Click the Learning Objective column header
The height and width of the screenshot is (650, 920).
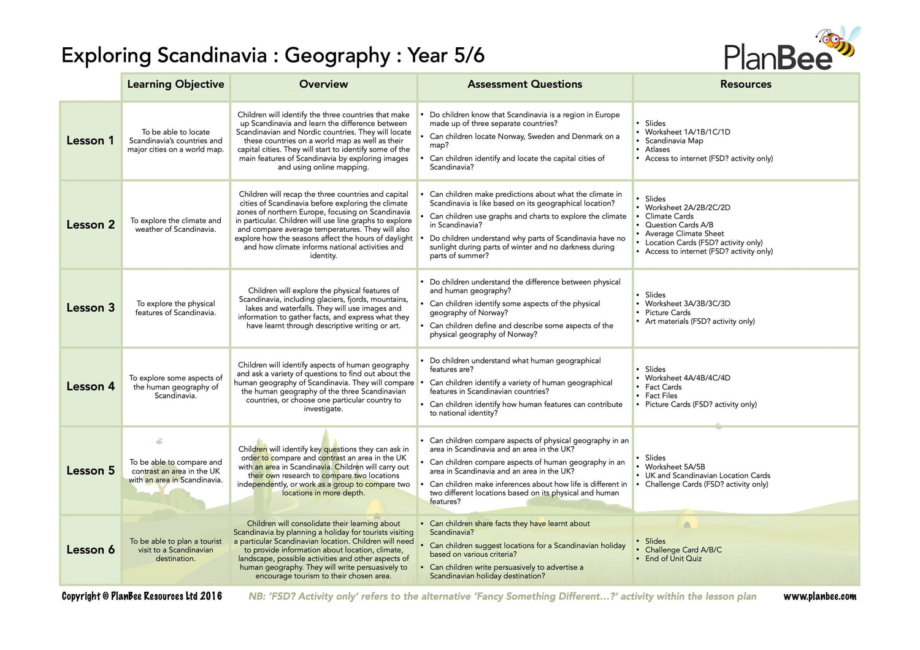(x=175, y=85)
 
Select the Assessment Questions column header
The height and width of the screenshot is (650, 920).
(x=524, y=85)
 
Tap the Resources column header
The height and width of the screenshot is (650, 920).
(x=745, y=85)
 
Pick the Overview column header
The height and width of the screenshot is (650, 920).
(x=323, y=85)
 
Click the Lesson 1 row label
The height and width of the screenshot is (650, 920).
(x=90, y=140)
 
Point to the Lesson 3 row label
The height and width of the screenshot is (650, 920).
(x=90, y=308)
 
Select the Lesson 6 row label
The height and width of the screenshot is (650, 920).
(x=90, y=549)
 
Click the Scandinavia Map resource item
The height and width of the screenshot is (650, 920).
(x=673, y=140)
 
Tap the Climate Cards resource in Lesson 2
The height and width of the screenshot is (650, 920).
(x=669, y=216)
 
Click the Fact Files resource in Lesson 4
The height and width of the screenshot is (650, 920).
(x=661, y=396)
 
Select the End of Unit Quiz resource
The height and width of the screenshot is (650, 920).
(x=673, y=559)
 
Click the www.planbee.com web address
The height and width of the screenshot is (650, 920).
(x=819, y=596)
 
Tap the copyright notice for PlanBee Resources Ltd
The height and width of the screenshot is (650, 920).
(x=142, y=596)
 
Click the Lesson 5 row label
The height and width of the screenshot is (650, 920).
(x=90, y=470)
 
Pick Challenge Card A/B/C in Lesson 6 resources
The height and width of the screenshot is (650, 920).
(x=683, y=550)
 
